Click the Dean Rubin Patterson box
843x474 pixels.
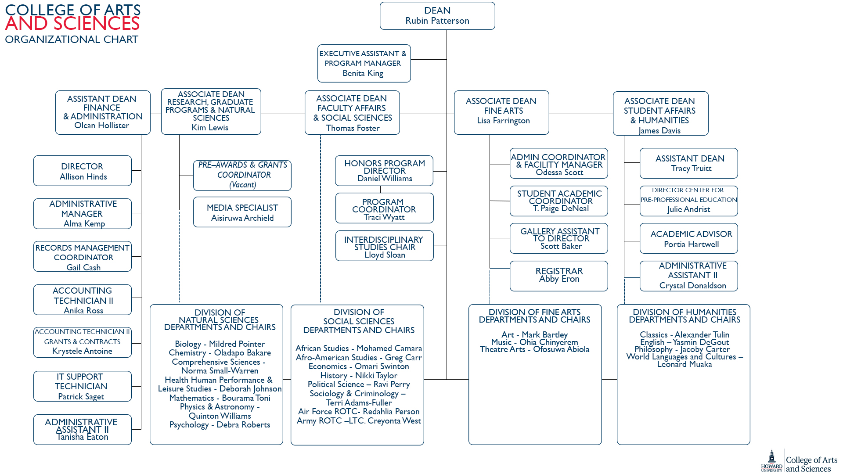437,16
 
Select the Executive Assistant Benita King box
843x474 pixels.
364,63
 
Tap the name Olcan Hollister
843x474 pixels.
102,126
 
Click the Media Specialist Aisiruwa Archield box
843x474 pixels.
242,212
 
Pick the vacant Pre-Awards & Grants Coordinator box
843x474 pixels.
242,175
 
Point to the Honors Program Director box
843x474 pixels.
384,171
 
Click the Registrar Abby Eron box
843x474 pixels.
558,276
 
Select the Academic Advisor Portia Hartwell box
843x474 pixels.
688,239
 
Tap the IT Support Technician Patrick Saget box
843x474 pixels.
82,386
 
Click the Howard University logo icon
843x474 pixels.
771,460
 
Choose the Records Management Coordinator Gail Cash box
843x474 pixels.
82,257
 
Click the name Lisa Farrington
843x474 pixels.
503,121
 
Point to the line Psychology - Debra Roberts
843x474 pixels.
220,425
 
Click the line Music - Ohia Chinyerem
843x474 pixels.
534,342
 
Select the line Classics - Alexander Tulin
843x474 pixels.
684,335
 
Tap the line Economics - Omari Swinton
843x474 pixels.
359,366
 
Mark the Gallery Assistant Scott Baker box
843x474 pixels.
558,238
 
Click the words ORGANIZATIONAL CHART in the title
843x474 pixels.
72,39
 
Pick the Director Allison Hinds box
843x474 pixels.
82,171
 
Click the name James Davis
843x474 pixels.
659,131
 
